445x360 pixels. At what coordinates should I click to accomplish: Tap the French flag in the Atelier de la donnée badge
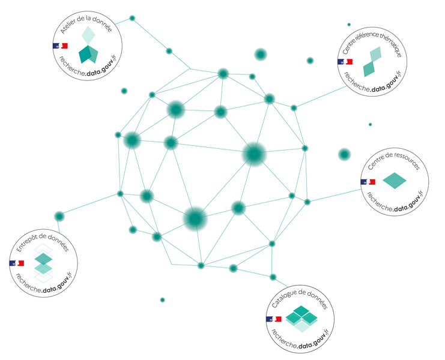pos(60,46)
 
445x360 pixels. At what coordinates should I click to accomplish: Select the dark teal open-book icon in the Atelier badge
pos(88,54)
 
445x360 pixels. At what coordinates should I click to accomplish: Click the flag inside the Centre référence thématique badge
pos(345,62)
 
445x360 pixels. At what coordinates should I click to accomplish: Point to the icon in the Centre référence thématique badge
pos(372,62)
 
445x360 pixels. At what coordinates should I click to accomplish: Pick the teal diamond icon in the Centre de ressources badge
pos(395,181)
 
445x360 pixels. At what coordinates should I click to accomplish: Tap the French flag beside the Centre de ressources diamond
pos(368,182)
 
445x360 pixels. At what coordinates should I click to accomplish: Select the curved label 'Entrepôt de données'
pos(43,242)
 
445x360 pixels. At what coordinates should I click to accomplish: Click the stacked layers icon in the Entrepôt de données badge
pos(43,263)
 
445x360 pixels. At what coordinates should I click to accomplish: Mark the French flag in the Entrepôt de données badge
pos(17,263)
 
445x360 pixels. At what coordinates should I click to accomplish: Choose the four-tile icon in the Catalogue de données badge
pos(301,319)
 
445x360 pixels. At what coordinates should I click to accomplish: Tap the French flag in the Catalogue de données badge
pos(274,319)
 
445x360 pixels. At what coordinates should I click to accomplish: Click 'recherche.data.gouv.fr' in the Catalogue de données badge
pos(300,340)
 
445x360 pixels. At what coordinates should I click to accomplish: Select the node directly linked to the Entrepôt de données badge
pos(59,217)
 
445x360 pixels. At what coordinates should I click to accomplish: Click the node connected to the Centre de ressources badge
pos(307,202)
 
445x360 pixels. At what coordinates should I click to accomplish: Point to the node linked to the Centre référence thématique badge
pos(294,108)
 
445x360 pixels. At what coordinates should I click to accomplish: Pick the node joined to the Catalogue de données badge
pos(273,277)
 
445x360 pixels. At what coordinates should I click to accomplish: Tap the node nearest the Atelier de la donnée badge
pos(132,18)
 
